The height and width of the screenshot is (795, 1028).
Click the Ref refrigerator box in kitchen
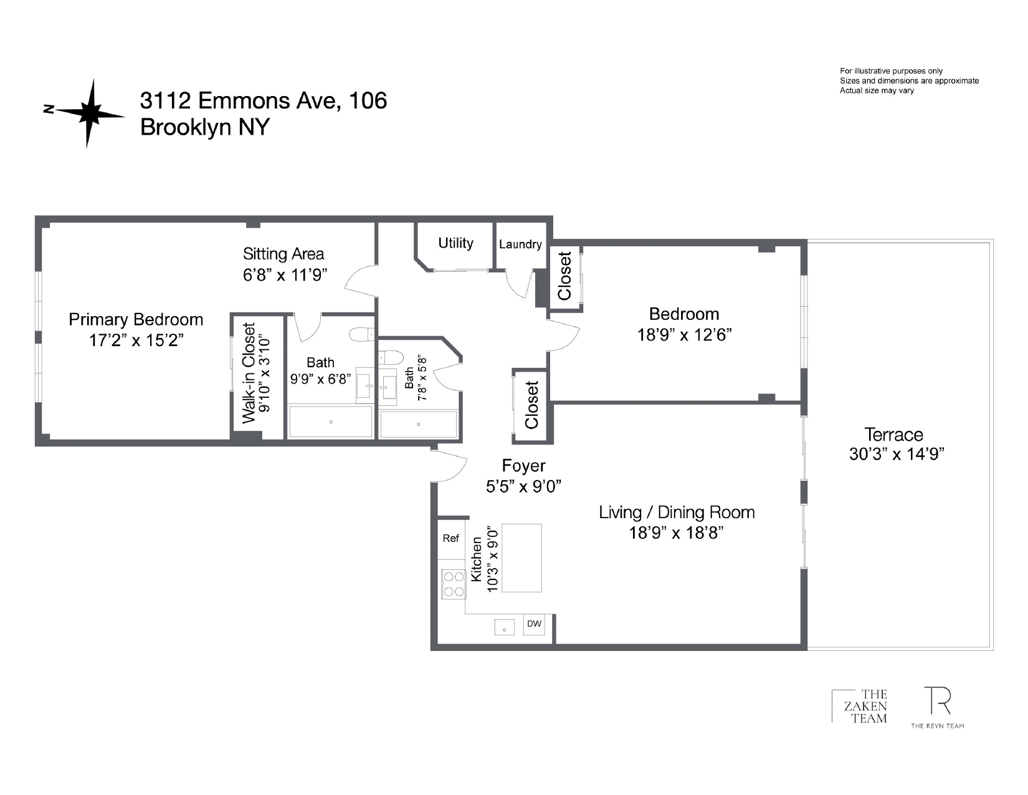(x=451, y=539)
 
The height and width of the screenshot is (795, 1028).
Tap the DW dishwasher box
(x=534, y=624)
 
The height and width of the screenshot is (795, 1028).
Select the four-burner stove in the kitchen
(x=454, y=584)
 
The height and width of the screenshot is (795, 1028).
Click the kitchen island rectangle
(x=521, y=558)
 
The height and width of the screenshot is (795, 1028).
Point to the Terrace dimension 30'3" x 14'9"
(x=897, y=455)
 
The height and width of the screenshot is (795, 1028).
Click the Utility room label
(x=455, y=243)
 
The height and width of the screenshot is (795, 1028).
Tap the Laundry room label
(x=520, y=244)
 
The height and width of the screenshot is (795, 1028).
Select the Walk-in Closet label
(x=249, y=373)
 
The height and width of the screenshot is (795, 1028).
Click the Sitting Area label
(x=283, y=254)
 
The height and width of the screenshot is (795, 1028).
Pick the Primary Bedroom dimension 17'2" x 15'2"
(x=136, y=340)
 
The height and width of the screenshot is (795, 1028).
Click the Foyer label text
(x=523, y=466)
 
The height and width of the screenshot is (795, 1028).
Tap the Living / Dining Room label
(x=677, y=513)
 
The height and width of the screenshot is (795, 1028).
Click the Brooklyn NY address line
(x=204, y=127)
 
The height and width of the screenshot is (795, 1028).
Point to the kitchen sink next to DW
(x=504, y=627)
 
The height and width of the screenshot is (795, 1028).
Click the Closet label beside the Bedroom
(x=564, y=276)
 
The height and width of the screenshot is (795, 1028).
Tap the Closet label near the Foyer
(x=531, y=405)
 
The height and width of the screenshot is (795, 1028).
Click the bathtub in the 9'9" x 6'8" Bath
(x=331, y=422)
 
